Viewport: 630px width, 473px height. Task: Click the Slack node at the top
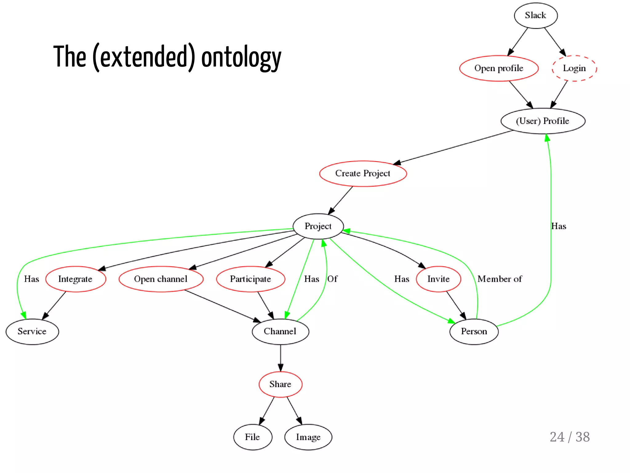tap(536, 15)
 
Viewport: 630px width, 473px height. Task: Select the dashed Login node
tap(574, 68)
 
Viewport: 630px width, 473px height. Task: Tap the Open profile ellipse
tap(499, 68)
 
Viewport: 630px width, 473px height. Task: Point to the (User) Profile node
tap(543, 121)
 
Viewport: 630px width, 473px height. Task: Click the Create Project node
tap(363, 174)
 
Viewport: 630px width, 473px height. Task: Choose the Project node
tap(318, 226)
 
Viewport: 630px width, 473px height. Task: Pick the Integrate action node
tap(75, 279)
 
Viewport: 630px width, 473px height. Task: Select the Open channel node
tap(161, 279)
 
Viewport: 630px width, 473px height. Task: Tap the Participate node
tap(250, 279)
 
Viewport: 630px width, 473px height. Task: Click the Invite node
tap(438, 279)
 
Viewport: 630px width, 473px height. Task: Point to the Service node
tap(32, 331)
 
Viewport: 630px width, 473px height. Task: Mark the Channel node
tap(280, 331)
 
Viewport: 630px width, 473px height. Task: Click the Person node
tap(474, 331)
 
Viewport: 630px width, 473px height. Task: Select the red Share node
tap(280, 384)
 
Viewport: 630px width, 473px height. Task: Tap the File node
tap(253, 437)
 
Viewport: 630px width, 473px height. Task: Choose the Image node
tap(308, 437)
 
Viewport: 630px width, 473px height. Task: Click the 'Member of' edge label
tap(500, 279)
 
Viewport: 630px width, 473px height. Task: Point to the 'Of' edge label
tap(332, 279)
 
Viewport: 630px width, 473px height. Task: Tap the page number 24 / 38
tap(570, 437)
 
